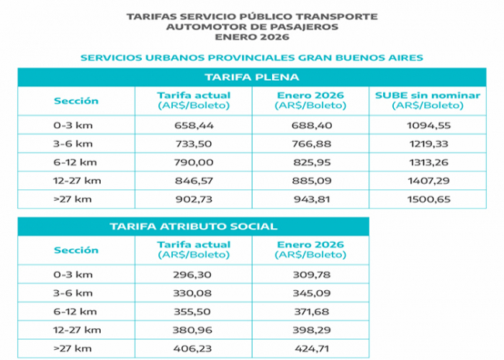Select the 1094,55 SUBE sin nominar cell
pyautogui.click(x=427, y=124)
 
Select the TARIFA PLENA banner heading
pyautogui.click(x=251, y=78)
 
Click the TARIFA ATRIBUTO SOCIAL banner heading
pyautogui.click(x=192, y=227)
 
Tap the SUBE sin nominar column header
pyautogui.click(x=427, y=99)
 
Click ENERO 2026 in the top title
pyautogui.click(x=251, y=36)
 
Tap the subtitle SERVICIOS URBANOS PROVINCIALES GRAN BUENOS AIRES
pyautogui.click(x=251, y=57)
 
